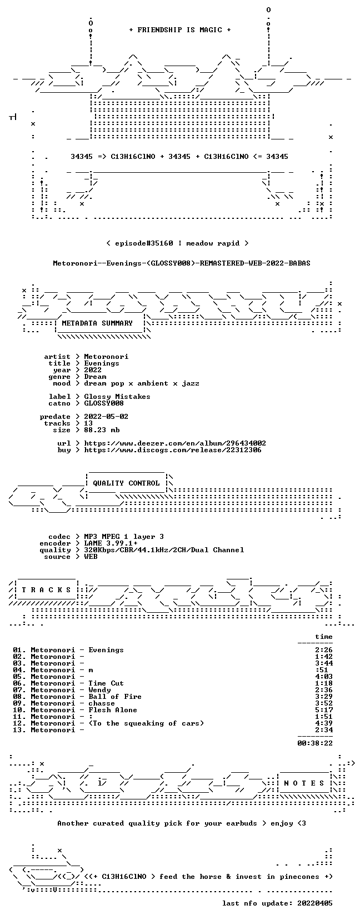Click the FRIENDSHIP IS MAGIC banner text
180,30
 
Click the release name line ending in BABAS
182,263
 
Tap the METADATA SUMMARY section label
97,323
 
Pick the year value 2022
93,370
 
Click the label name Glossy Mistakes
117,397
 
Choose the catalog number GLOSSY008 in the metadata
104,403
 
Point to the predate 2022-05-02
106,417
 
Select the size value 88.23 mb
102,430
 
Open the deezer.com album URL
175,443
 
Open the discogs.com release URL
172,450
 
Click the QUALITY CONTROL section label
126,483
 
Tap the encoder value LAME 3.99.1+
111,543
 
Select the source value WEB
91,557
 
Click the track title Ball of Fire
115,697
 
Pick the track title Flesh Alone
113,709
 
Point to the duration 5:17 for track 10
324,709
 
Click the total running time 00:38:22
315,743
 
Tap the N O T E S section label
304,783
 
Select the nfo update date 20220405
315,903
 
